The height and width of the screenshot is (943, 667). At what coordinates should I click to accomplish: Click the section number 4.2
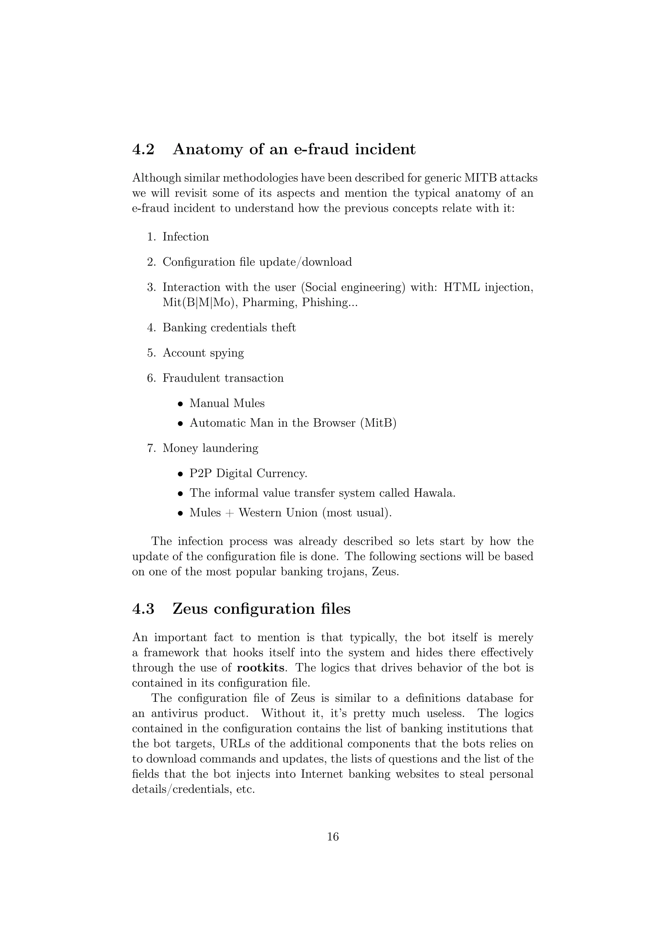(x=143, y=149)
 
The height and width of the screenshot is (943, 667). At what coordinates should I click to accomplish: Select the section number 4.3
(x=143, y=609)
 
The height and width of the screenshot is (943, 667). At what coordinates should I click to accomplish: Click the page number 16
(x=333, y=837)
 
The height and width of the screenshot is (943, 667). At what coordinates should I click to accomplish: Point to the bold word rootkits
(x=261, y=668)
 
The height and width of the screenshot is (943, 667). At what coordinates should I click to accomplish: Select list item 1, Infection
(x=186, y=237)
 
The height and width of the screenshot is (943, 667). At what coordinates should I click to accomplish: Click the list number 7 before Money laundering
(x=150, y=448)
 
